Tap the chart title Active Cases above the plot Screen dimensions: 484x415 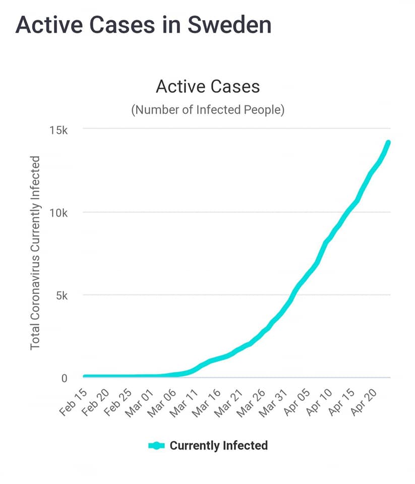(208, 86)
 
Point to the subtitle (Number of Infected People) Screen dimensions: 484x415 (208, 109)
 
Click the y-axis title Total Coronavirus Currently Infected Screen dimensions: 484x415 (35, 253)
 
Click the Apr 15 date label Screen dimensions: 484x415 (344, 401)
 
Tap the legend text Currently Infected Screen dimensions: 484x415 (218, 445)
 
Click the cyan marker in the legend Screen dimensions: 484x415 (156, 445)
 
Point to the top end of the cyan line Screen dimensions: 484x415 (388, 143)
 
